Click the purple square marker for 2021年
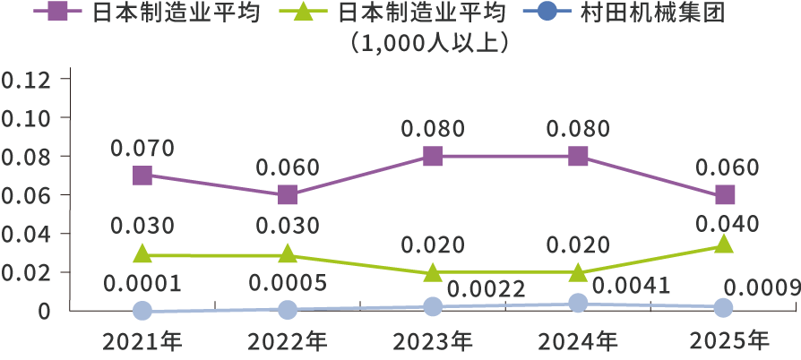click(x=142, y=175)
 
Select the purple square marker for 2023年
click(x=433, y=156)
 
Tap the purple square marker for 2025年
click(x=724, y=194)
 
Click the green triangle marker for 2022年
click(x=287, y=255)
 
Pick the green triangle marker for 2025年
click(x=724, y=244)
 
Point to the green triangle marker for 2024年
click(x=578, y=271)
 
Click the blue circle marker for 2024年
click(x=578, y=304)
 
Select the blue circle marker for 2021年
click(x=142, y=311)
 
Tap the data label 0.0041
click(x=632, y=287)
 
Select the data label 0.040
click(x=727, y=225)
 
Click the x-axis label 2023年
click(x=433, y=341)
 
